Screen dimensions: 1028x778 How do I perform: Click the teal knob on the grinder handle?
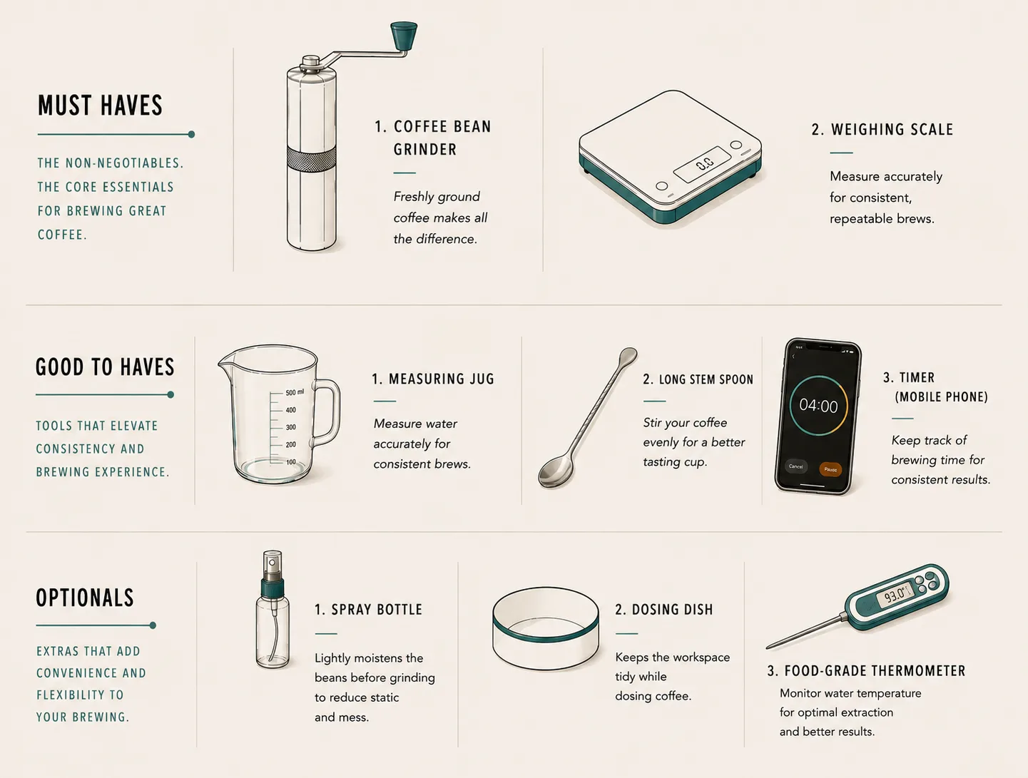[x=404, y=36]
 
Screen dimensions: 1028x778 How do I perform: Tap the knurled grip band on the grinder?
[x=312, y=160]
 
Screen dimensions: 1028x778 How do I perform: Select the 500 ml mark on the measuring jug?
[x=295, y=392]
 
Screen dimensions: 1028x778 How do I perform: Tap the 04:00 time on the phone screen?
[x=818, y=406]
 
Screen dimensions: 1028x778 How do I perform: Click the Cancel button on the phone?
[x=795, y=466]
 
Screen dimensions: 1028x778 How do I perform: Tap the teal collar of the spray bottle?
[x=273, y=588]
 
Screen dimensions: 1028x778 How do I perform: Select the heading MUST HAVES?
[x=100, y=106]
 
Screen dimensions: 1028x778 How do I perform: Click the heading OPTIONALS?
[x=85, y=598]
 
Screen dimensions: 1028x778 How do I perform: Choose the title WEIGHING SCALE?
[x=892, y=130]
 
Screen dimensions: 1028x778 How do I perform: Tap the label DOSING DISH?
[x=673, y=610]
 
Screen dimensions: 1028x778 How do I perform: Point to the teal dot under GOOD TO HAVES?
[x=171, y=394]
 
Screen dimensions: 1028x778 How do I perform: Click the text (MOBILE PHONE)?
[x=942, y=397]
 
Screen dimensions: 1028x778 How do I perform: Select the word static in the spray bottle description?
[x=384, y=697]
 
